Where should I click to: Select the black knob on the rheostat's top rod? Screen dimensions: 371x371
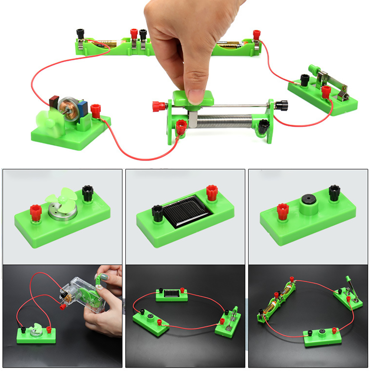(x=281, y=105)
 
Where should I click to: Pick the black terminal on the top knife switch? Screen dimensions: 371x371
(x=305, y=80)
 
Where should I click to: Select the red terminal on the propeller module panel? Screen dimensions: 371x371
(x=36, y=212)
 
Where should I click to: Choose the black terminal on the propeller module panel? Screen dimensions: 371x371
(x=87, y=193)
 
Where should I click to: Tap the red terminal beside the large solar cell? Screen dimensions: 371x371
(x=212, y=192)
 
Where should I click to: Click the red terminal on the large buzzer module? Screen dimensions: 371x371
(x=283, y=211)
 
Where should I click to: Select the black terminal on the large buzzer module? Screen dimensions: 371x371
(x=334, y=193)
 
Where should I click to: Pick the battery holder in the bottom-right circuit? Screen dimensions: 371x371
(x=276, y=300)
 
